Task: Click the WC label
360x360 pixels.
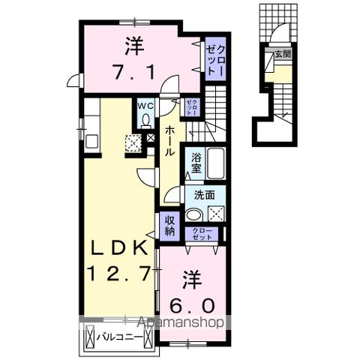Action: pyautogui.click(x=145, y=106)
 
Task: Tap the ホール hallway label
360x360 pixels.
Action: pyautogui.click(x=172, y=139)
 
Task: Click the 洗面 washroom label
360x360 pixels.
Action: pyautogui.click(x=204, y=193)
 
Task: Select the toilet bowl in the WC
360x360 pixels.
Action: pyautogui.click(x=145, y=119)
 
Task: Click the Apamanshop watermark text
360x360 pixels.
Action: pyautogui.click(x=181, y=323)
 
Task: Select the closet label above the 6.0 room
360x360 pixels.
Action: pyautogui.click(x=202, y=233)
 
